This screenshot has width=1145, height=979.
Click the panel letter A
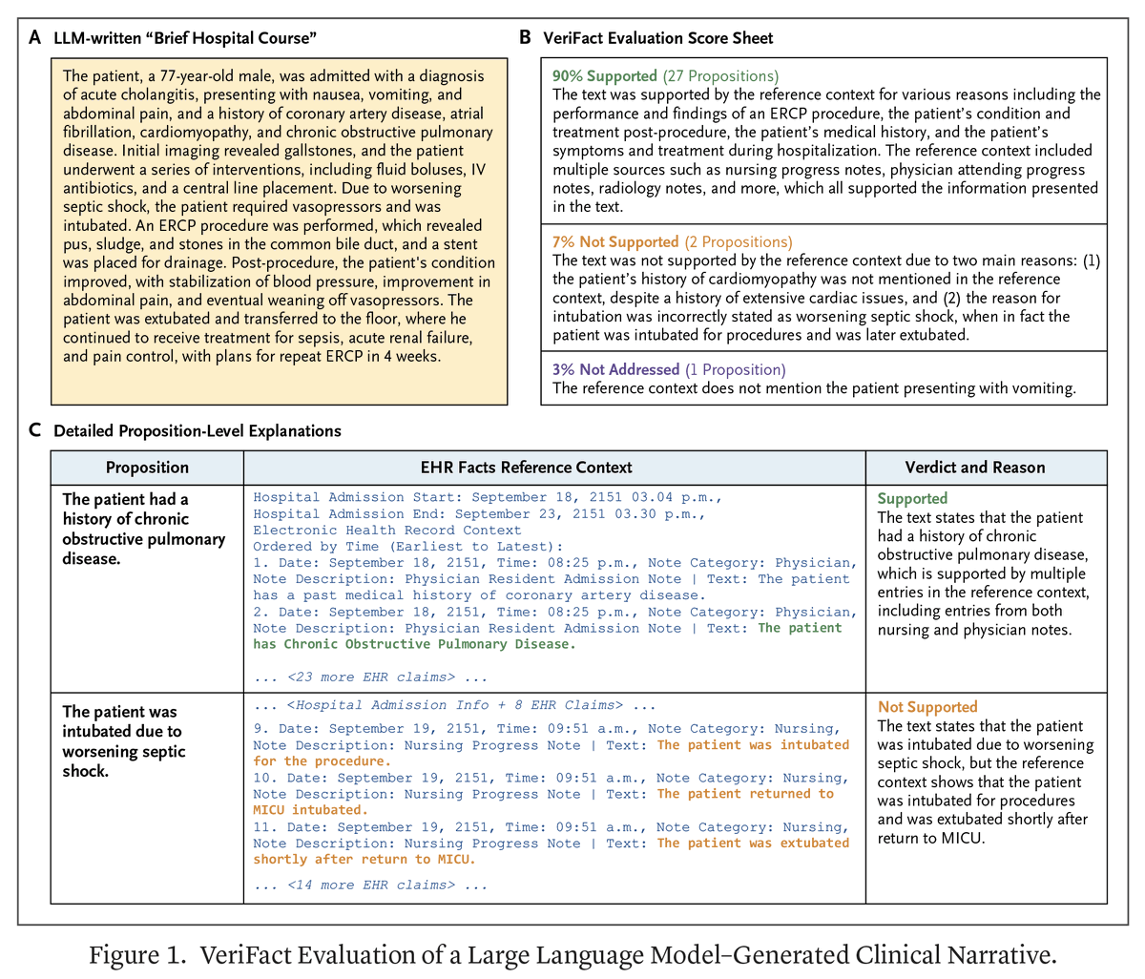tap(35, 38)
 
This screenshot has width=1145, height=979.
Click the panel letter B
tap(525, 38)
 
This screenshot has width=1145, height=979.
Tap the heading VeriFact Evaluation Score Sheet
tap(657, 38)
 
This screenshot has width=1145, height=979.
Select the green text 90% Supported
tap(604, 75)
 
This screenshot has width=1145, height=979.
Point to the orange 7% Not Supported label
tap(615, 241)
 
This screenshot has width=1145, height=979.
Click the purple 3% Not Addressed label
tap(615, 369)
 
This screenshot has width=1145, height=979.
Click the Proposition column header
tap(147, 468)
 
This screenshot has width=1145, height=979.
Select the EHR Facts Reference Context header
tap(526, 468)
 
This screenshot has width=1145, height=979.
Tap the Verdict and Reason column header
tap(974, 468)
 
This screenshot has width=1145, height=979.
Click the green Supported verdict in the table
tap(912, 498)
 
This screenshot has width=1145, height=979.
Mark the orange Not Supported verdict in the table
tap(927, 707)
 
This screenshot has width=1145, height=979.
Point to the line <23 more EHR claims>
tap(370, 677)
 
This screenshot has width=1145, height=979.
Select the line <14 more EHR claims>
tap(370, 885)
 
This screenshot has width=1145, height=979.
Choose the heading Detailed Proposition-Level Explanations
tap(198, 430)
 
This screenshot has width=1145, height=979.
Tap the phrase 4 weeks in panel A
tap(419, 357)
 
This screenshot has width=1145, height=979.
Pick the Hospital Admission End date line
tap(479, 513)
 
